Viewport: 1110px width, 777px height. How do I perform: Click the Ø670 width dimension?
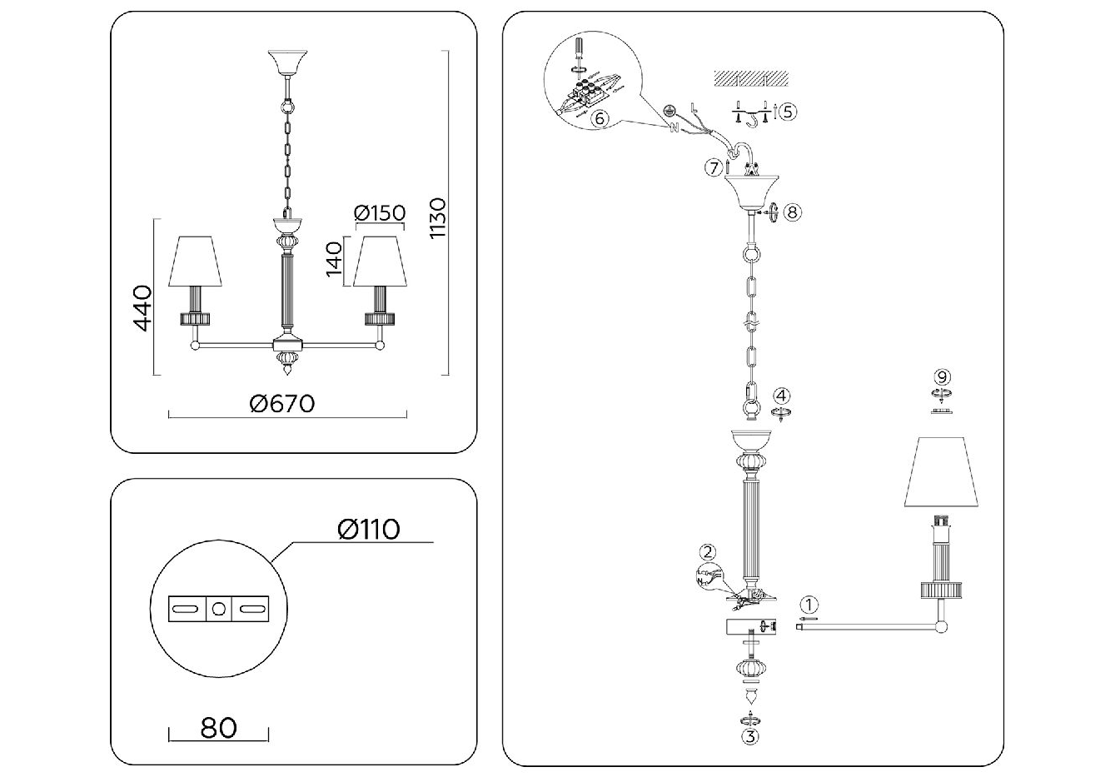click(x=282, y=403)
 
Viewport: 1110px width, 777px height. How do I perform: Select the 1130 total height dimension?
click(x=439, y=218)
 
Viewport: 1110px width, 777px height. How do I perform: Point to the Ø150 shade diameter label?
click(x=380, y=213)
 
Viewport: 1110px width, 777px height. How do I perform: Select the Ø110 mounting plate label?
click(x=368, y=529)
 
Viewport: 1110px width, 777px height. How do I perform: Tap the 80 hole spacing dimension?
click(x=219, y=727)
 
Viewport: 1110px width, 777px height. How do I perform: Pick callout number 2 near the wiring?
click(x=708, y=550)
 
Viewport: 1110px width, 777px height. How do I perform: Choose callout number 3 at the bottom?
click(x=751, y=735)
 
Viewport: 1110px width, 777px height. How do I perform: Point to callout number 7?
click(x=713, y=168)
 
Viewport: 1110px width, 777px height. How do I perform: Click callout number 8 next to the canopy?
click(x=791, y=212)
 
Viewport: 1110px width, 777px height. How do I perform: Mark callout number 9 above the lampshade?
click(x=942, y=377)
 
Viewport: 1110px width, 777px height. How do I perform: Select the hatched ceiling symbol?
click(x=751, y=79)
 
